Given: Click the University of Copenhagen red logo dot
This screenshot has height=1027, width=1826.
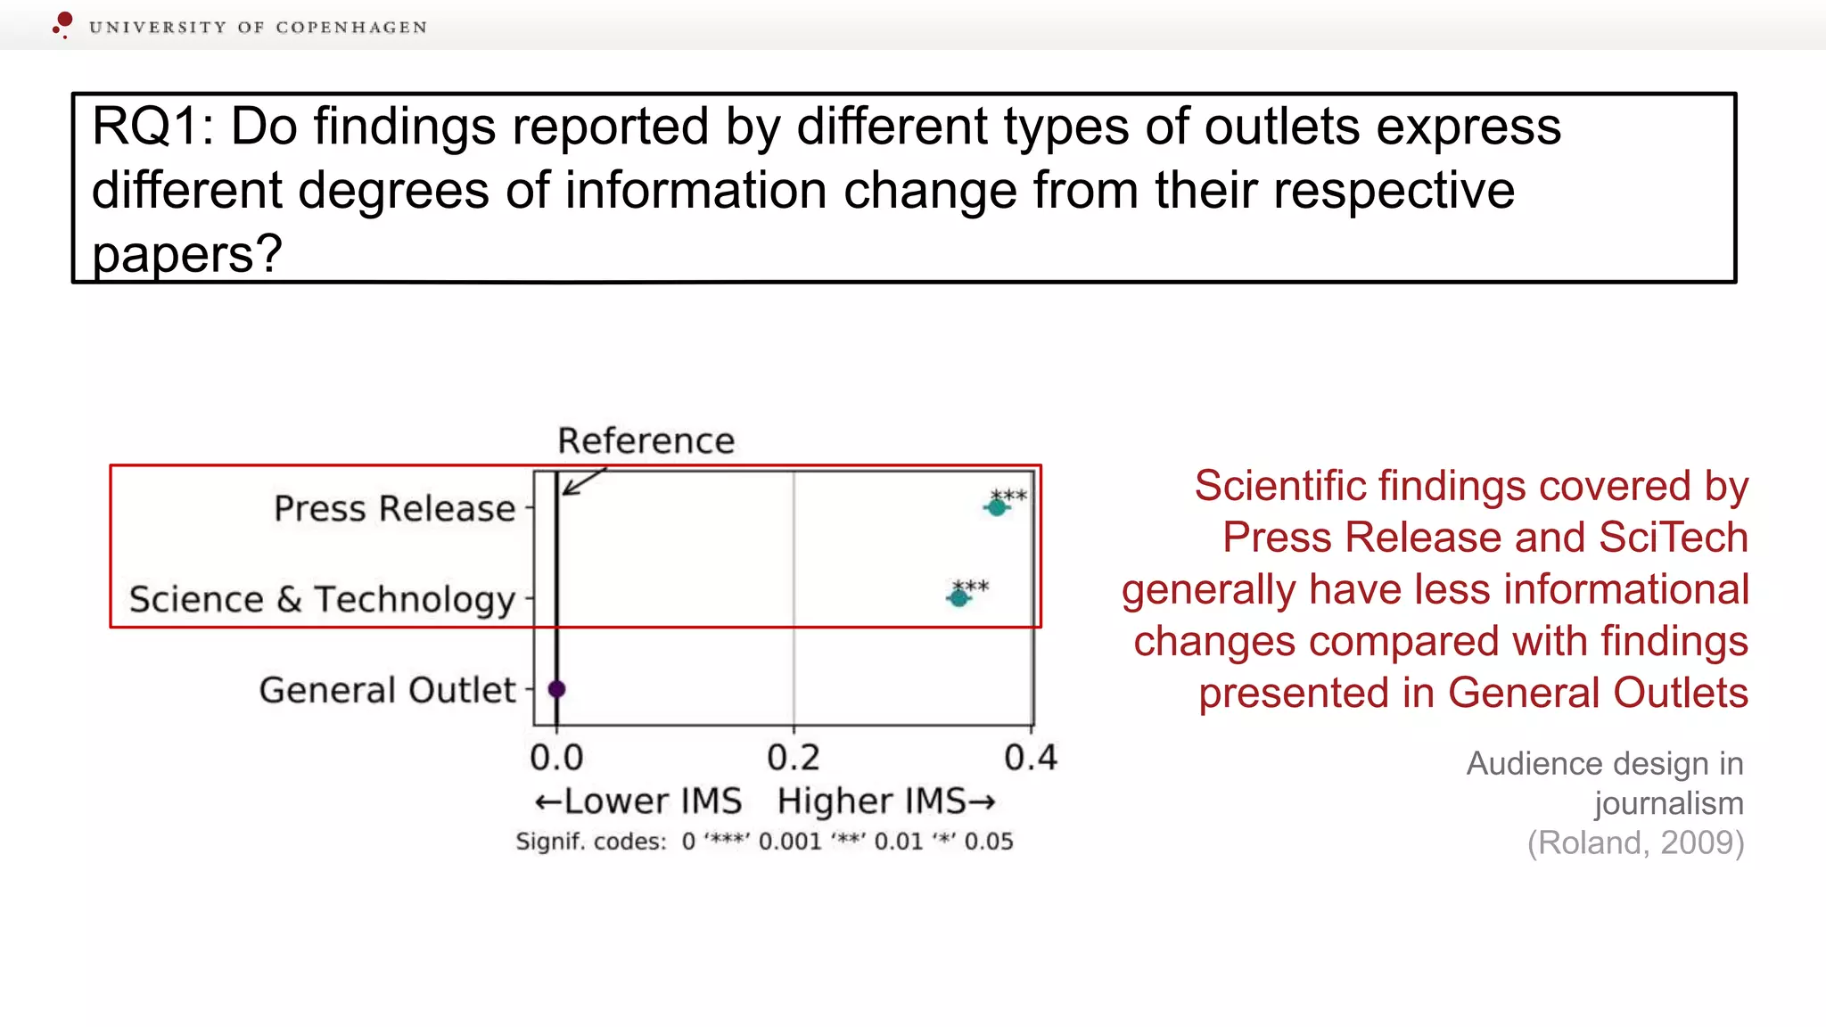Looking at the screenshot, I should point(64,21).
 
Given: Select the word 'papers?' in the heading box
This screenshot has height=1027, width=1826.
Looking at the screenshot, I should point(187,254).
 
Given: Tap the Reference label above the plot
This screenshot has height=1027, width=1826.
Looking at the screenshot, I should point(646,440).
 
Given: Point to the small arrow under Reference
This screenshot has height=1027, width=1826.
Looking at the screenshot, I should point(582,482).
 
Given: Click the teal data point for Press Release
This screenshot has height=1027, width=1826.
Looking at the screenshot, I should point(997,507).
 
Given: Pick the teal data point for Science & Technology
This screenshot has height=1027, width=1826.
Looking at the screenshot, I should point(958,597).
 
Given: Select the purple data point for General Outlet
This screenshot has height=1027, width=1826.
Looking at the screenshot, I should point(556,689).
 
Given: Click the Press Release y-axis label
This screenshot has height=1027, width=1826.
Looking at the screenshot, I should point(394,508).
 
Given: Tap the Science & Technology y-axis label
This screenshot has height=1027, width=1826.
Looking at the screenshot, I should point(322,599).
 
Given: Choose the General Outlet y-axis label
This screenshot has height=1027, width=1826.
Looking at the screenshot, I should point(387,690).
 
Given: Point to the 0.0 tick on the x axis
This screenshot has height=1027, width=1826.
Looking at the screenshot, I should point(556,758).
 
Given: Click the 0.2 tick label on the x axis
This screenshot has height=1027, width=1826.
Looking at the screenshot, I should point(794,758).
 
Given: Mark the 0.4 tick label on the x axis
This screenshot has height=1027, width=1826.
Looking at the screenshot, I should point(1031,758).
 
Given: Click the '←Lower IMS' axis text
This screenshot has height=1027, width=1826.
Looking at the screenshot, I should point(638,801).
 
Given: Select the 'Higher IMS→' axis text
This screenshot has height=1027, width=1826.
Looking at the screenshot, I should point(886,801).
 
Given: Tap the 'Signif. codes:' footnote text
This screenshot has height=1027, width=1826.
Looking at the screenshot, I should point(590,842).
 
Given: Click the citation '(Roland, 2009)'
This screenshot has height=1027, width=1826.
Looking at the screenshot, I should point(1635,842).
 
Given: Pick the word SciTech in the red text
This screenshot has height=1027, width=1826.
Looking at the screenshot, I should point(1673,538).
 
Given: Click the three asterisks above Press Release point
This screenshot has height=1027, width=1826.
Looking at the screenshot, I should point(1009,495).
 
